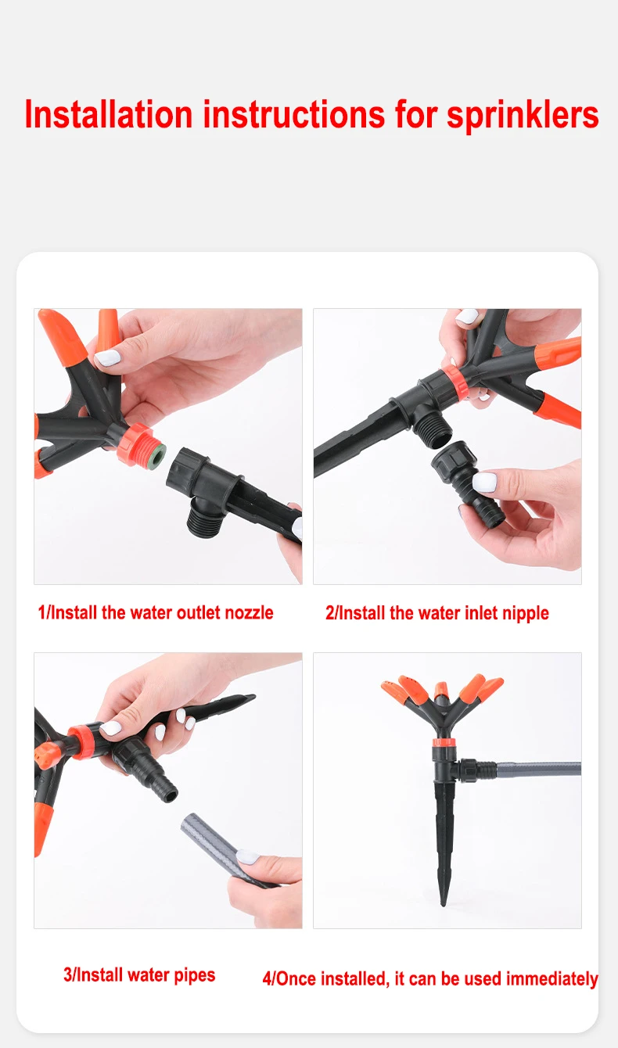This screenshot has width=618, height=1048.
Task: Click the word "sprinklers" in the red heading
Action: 523,116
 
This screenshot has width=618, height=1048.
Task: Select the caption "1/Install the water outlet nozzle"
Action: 156,612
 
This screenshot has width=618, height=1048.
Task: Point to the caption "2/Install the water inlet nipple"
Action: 437,613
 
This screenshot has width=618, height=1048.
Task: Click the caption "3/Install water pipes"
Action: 139,975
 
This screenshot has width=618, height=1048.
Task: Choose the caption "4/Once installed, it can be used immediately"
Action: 430,978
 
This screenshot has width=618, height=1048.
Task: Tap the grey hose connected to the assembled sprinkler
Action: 538,769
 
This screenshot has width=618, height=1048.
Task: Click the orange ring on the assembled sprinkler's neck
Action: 444,742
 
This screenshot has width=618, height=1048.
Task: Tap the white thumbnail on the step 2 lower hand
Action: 485,482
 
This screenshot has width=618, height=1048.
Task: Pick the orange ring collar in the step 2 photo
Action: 453,382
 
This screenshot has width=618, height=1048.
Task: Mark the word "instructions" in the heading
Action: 294,115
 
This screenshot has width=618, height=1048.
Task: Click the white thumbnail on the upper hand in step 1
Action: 108,357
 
